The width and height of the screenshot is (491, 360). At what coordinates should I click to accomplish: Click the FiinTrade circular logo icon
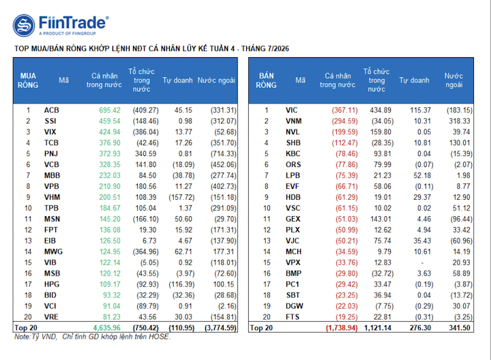click(24, 25)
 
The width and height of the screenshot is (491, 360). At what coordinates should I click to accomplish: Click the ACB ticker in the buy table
click(51, 110)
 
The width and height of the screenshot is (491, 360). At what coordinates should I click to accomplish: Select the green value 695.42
click(110, 110)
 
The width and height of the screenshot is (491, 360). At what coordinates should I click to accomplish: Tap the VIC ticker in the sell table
click(292, 110)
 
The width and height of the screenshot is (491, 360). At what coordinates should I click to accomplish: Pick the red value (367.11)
click(344, 110)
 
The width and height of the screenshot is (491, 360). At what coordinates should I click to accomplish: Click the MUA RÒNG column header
click(28, 80)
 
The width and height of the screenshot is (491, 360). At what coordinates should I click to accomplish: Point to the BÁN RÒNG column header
click(266, 80)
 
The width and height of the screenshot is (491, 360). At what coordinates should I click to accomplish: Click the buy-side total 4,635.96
click(107, 328)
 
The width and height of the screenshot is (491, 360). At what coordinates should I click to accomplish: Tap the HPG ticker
click(52, 284)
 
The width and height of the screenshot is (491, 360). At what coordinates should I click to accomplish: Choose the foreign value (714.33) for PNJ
click(224, 153)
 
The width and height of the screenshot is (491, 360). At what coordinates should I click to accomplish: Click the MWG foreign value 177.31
click(224, 252)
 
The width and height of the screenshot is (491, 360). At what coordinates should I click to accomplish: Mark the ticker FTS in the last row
click(293, 317)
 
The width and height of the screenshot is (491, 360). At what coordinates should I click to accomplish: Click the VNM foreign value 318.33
click(460, 121)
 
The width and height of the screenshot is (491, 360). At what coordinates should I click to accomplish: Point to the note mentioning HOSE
click(92, 337)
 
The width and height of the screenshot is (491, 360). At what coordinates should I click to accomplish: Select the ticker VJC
click(293, 241)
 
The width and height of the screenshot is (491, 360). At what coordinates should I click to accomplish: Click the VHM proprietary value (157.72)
click(181, 197)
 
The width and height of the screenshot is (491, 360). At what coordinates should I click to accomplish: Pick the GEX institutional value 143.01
click(381, 219)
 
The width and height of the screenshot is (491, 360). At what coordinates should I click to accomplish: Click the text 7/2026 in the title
click(278, 48)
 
